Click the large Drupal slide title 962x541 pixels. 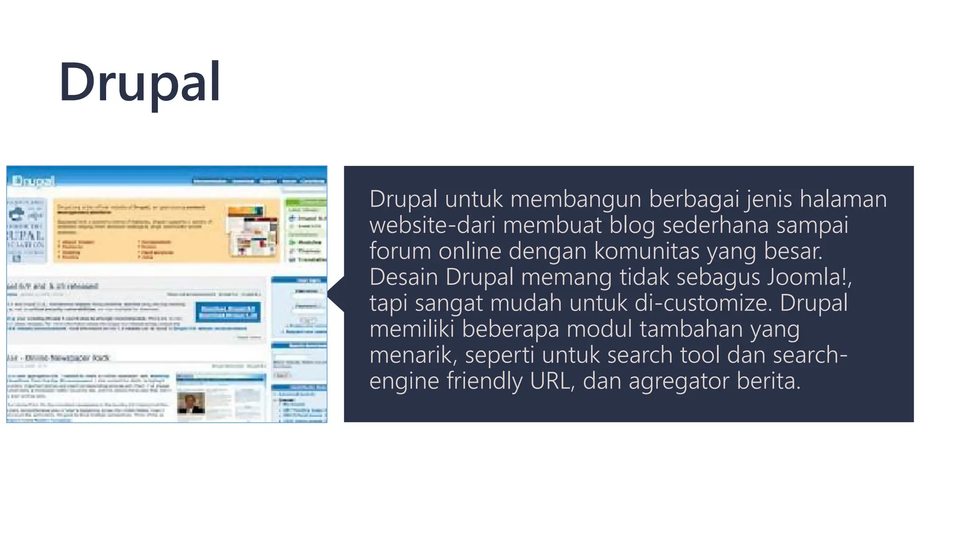click(x=140, y=83)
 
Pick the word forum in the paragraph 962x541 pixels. click(x=400, y=251)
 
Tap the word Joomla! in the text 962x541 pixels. click(x=809, y=277)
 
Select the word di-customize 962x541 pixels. click(x=703, y=303)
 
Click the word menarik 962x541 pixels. click(x=413, y=355)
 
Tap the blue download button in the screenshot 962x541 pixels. click(x=228, y=312)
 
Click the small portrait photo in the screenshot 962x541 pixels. click(x=191, y=402)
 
